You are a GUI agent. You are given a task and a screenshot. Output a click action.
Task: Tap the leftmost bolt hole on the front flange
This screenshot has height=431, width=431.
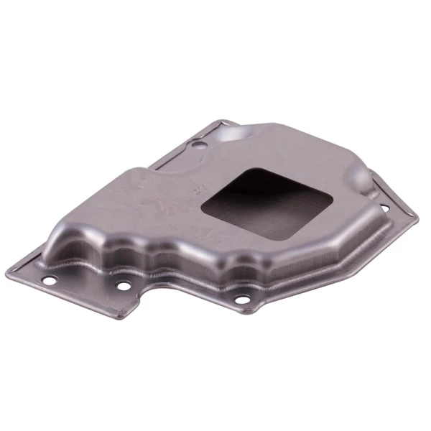[x=48, y=280]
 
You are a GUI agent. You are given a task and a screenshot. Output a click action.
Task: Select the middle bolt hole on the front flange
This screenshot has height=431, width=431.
[x=124, y=285]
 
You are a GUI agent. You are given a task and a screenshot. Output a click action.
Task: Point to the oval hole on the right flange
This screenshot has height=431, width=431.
[x=384, y=208]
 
